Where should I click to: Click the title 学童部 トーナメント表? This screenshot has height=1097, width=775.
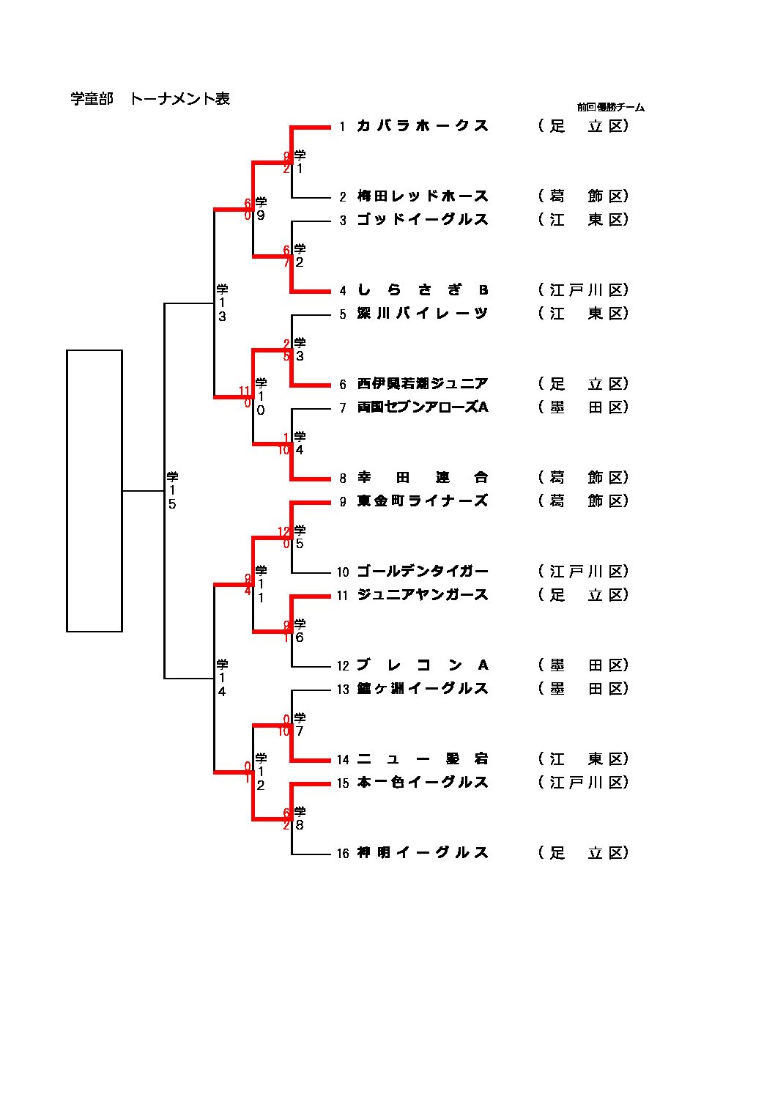[x=150, y=99]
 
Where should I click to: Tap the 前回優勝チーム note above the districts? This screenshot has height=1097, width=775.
[x=610, y=107]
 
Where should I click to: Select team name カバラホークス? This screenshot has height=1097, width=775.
[x=422, y=126]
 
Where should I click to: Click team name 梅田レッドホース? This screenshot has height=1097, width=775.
[x=422, y=196]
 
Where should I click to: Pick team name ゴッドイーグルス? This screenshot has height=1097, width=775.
[x=422, y=220]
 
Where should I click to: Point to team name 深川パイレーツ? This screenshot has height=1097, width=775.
[x=422, y=314]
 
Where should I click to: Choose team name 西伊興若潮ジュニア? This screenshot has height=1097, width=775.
[x=422, y=384]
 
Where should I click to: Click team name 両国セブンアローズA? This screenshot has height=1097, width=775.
[x=422, y=407]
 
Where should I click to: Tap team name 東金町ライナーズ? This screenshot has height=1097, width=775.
[x=422, y=501]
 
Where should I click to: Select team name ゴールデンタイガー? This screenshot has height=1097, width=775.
[x=422, y=572]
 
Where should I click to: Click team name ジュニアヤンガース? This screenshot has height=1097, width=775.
[x=422, y=595]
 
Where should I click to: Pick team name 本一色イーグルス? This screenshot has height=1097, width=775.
[x=422, y=783]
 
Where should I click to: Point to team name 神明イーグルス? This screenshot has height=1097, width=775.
[x=422, y=853]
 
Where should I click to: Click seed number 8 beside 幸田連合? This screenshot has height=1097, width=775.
[x=342, y=479]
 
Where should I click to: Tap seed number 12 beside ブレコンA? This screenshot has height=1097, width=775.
[x=342, y=666]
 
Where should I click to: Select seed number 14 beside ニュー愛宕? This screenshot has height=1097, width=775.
[x=342, y=760]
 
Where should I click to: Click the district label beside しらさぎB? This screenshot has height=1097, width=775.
[x=583, y=290]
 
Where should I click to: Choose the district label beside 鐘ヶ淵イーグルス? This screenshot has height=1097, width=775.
[x=583, y=689]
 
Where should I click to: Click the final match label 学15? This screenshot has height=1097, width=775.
[x=172, y=490]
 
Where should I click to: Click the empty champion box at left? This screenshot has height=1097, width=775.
[x=94, y=490]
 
